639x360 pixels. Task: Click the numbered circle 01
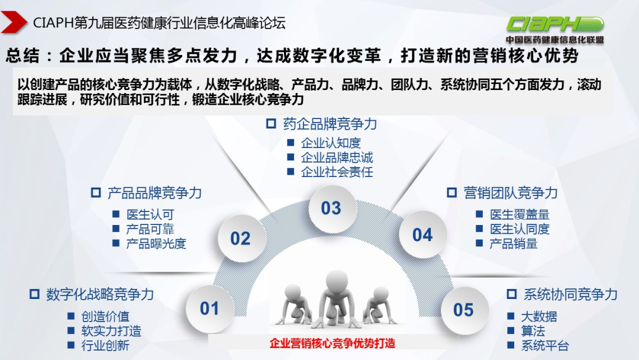pyautogui.click(x=209, y=308)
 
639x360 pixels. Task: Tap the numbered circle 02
pyautogui.click(x=240, y=238)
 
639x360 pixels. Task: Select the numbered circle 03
pyautogui.click(x=331, y=208)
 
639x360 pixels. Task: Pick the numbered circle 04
pyautogui.click(x=422, y=235)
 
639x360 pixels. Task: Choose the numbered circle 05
pyautogui.click(x=464, y=310)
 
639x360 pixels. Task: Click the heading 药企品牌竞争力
pyautogui.click(x=329, y=124)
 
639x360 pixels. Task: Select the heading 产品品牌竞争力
pyautogui.click(x=154, y=193)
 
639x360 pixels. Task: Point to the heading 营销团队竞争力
pyautogui.click(x=510, y=193)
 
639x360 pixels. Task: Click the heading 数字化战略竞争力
pyautogui.click(x=99, y=294)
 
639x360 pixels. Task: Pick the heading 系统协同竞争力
pyautogui.click(x=570, y=294)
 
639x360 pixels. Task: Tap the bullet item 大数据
pyautogui.click(x=538, y=317)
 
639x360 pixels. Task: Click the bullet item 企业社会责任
pyautogui.click(x=337, y=172)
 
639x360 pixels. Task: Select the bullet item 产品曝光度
pyautogui.click(x=156, y=243)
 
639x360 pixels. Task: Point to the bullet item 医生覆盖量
pyautogui.click(x=519, y=214)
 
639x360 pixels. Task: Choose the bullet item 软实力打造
pyautogui.click(x=111, y=331)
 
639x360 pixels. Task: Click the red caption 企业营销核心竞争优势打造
pyautogui.click(x=332, y=343)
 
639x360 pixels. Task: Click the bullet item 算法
pyautogui.click(x=532, y=331)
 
